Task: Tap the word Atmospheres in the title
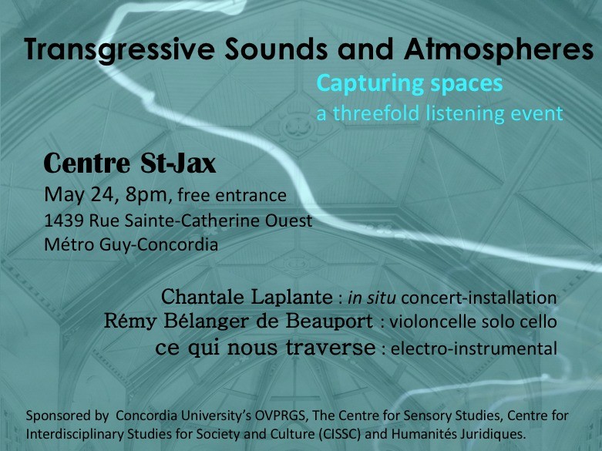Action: coord(499,49)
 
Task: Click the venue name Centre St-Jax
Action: coord(129,163)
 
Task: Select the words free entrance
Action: coord(232,195)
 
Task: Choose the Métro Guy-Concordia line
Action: coord(131,244)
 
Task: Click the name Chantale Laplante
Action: coord(247,297)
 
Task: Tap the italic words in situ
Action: coord(372,298)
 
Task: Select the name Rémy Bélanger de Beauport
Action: coord(238,321)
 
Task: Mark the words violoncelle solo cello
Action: coord(473,322)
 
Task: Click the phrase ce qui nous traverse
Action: coord(266,348)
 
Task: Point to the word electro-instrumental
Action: coord(474,348)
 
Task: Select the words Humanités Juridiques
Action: coord(458,435)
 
